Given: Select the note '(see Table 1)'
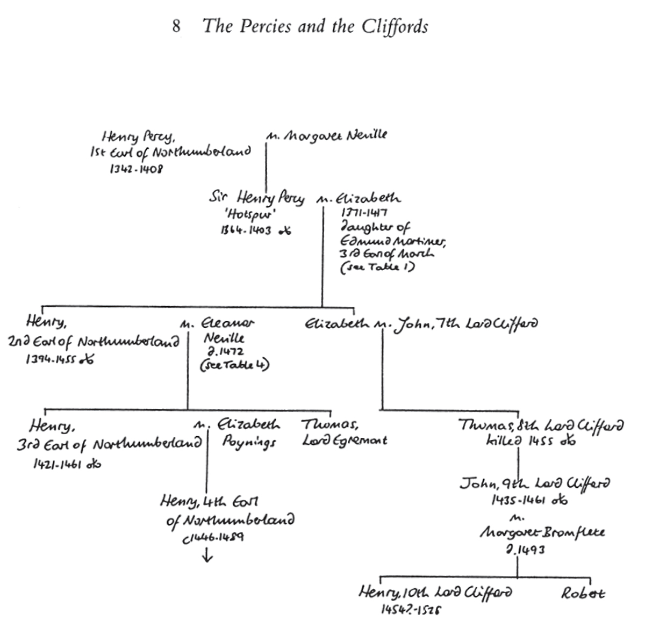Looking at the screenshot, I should pyautogui.click(x=377, y=267).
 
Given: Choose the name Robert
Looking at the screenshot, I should pyautogui.click(x=583, y=594).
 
